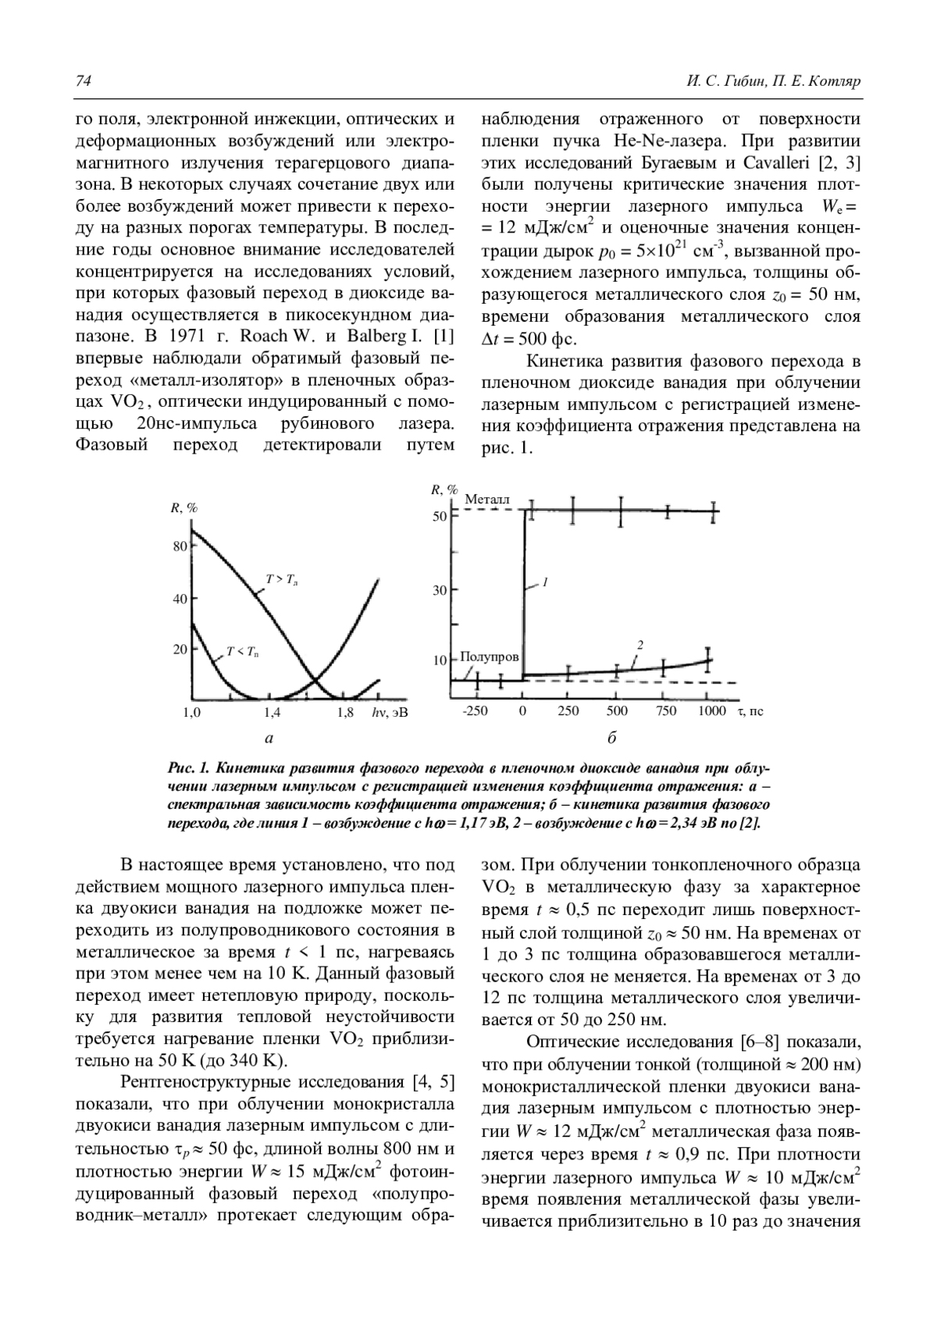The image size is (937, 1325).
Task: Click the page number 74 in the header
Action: pos(84,81)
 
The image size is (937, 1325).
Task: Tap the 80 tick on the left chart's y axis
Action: pos(180,546)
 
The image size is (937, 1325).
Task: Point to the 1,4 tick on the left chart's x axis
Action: pos(272,712)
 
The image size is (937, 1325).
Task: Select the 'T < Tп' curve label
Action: pos(243,651)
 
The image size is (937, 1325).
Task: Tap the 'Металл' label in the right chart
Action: pos(486,499)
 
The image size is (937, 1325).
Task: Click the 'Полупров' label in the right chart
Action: pos(490,657)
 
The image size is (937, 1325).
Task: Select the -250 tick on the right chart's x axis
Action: pos(474,711)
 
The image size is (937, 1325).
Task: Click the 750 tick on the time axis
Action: pos(666,711)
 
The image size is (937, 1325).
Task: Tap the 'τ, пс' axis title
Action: pos(750,711)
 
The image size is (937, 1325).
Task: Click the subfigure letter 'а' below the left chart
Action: pos(269,737)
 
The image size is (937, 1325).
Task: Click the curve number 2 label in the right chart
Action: pos(640,645)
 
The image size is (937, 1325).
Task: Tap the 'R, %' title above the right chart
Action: pos(444,490)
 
